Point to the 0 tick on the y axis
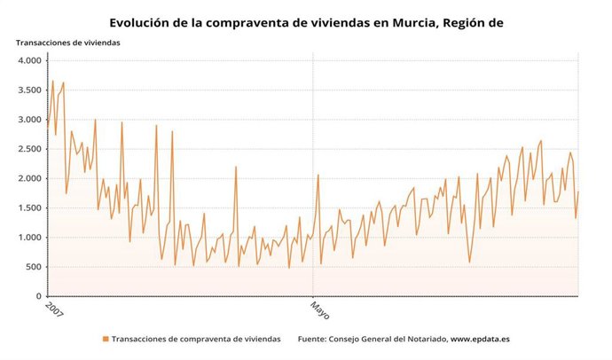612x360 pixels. pos(39,297)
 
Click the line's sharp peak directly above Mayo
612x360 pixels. pos(318,175)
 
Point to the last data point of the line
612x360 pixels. pos(578,192)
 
